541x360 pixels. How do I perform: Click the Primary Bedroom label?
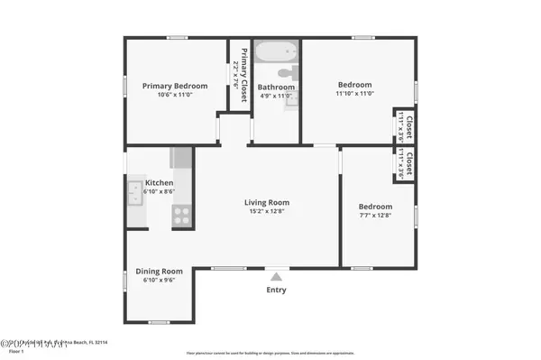pyautogui.click(x=175, y=87)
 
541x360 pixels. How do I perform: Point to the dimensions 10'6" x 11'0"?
pyautogui.click(x=175, y=96)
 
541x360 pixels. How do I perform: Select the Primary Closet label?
pyautogui.click(x=243, y=66)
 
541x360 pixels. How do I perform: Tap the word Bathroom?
pyautogui.click(x=276, y=88)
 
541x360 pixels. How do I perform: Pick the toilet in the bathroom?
pyautogui.click(x=287, y=72)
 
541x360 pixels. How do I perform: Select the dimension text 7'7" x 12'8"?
pyautogui.click(x=376, y=216)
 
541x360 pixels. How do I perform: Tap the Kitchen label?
pyautogui.click(x=160, y=182)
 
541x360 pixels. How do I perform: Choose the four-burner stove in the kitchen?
pyautogui.click(x=181, y=216)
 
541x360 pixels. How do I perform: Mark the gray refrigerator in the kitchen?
pyautogui.click(x=181, y=158)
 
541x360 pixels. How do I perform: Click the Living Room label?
pyautogui.click(x=267, y=203)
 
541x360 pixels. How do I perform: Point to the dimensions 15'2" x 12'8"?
pyautogui.click(x=267, y=212)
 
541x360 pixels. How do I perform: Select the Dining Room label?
pyautogui.click(x=159, y=271)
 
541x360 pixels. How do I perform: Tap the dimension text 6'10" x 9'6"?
pyautogui.click(x=159, y=281)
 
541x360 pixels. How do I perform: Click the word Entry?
pyautogui.click(x=277, y=291)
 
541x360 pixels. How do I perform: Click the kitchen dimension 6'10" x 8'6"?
pyautogui.click(x=160, y=191)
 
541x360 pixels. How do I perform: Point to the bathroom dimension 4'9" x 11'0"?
pyautogui.click(x=276, y=97)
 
